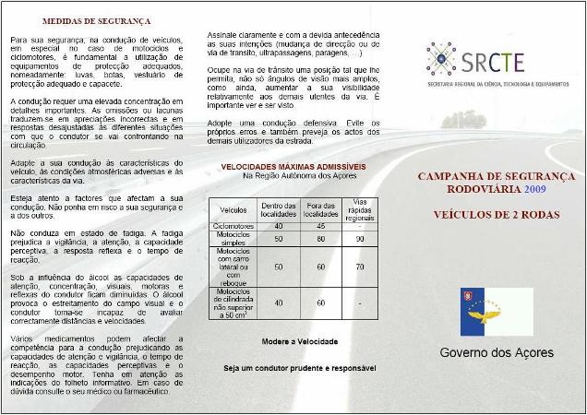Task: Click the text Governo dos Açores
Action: coord(497,353)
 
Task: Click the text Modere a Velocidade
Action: coord(299,341)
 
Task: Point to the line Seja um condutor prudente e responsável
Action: coord(300,368)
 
